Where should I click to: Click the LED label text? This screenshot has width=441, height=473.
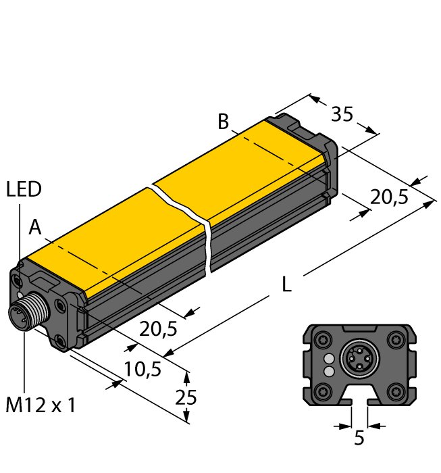(x=24, y=190)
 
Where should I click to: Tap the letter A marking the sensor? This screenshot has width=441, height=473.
(x=35, y=229)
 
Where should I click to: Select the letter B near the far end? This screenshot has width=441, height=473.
(x=224, y=122)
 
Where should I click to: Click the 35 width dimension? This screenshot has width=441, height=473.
(x=342, y=114)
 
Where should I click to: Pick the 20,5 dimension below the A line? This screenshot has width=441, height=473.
(x=158, y=329)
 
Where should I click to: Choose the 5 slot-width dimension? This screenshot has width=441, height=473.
(x=359, y=438)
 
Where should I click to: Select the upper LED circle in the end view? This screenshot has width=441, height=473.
(x=329, y=358)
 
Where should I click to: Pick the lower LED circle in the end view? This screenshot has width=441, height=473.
(x=329, y=371)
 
